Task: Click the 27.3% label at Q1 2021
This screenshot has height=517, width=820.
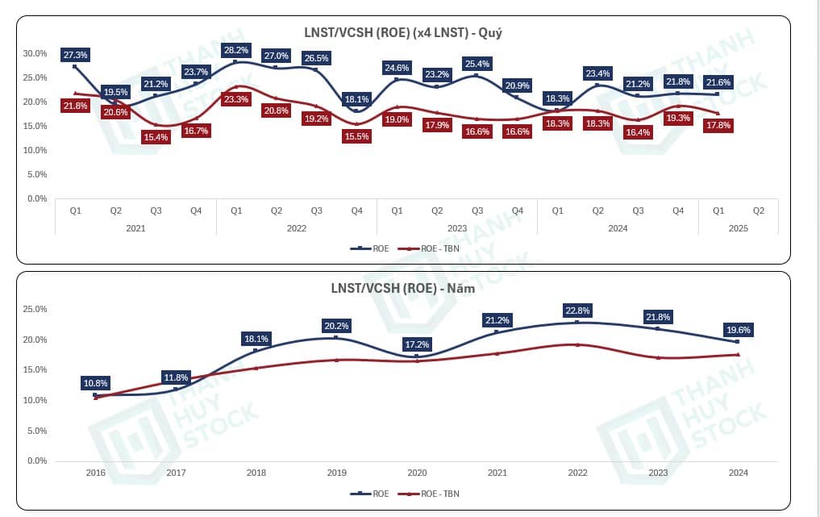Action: coord(75,55)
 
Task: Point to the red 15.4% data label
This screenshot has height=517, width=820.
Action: coord(156,138)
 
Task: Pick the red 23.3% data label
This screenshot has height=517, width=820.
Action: coord(236,99)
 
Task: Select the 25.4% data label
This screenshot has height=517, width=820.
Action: coord(477,63)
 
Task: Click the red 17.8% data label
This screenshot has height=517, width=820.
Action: coord(718,126)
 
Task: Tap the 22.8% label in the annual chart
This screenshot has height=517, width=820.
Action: coord(576,310)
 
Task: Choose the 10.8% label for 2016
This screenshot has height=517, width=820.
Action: coord(95,383)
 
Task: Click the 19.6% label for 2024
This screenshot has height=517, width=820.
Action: coord(737,329)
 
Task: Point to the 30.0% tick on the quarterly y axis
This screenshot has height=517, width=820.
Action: coord(35,53)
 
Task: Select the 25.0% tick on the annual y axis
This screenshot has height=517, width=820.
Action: coord(35,309)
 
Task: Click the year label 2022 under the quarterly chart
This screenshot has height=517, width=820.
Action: coord(296,228)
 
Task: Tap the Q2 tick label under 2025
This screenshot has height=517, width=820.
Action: coord(758,210)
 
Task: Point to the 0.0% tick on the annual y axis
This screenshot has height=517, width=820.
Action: coord(36,461)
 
